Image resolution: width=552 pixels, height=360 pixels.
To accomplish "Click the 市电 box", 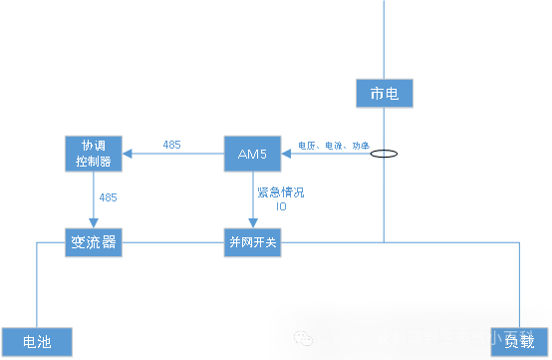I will (384, 94).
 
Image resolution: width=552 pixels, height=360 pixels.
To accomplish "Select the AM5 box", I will (252, 153).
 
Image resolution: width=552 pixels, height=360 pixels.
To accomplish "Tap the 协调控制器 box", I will (94, 153).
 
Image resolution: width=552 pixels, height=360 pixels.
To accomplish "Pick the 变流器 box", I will (94, 242).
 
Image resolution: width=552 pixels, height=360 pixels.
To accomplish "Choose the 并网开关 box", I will (252, 242).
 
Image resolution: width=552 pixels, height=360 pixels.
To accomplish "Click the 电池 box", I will (37, 341).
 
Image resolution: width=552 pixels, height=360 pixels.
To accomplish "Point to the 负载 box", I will (518, 341).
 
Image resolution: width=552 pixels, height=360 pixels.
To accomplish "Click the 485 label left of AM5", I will (171, 145).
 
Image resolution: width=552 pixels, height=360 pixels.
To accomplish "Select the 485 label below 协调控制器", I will (108, 197).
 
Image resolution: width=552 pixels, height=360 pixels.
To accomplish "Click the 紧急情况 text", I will (280, 191).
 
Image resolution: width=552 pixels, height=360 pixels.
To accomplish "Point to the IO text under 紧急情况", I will (281, 206).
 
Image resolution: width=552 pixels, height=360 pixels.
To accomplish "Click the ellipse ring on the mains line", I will (384, 155).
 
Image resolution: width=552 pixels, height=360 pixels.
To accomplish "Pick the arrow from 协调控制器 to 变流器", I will (94, 199).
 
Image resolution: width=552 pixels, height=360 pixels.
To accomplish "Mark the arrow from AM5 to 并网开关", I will (252, 199).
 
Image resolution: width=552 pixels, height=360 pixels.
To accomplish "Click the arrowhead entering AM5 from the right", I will (290, 154).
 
